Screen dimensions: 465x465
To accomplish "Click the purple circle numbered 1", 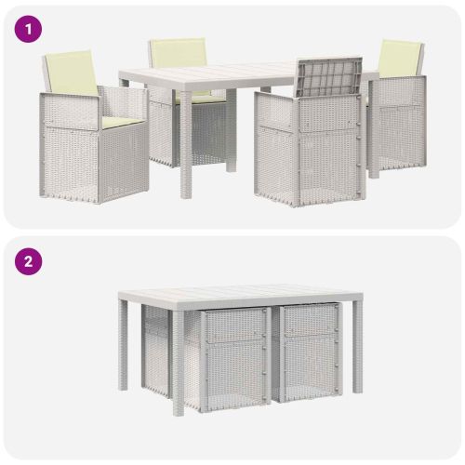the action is [28, 30].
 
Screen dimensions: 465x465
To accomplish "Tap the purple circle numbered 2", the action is [28, 261].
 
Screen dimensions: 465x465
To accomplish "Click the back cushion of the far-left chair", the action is [72, 73].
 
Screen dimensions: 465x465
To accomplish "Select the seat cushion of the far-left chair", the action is [123, 122].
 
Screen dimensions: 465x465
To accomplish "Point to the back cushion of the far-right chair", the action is [401, 59].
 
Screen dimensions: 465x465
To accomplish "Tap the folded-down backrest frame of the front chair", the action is [329, 76].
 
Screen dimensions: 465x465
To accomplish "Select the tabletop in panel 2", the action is [240, 292].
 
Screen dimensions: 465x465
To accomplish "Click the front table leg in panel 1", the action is [186, 144].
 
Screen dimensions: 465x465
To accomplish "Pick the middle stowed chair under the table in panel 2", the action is [234, 359].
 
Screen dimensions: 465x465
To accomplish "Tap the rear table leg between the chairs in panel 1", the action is [231, 130].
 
